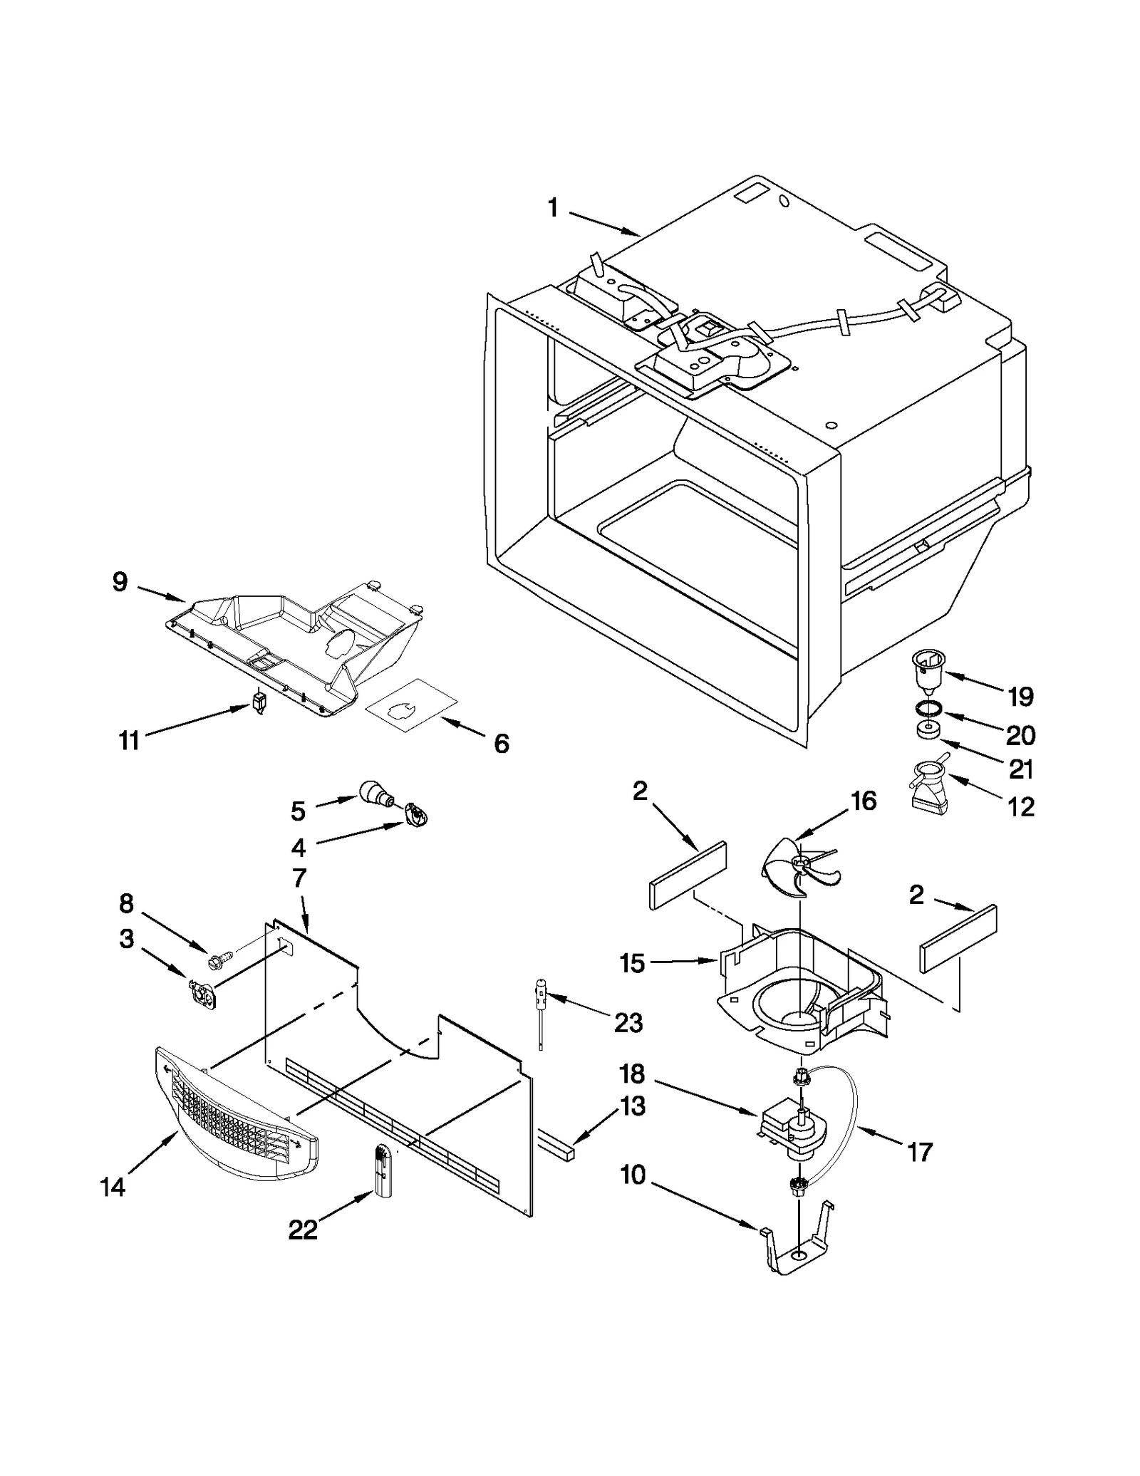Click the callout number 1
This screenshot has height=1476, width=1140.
(x=553, y=208)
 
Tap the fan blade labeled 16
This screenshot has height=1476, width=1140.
(x=792, y=867)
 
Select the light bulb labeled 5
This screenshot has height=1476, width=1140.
(x=374, y=793)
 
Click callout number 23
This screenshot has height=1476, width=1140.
(x=628, y=1023)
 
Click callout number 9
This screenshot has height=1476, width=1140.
(x=120, y=582)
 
